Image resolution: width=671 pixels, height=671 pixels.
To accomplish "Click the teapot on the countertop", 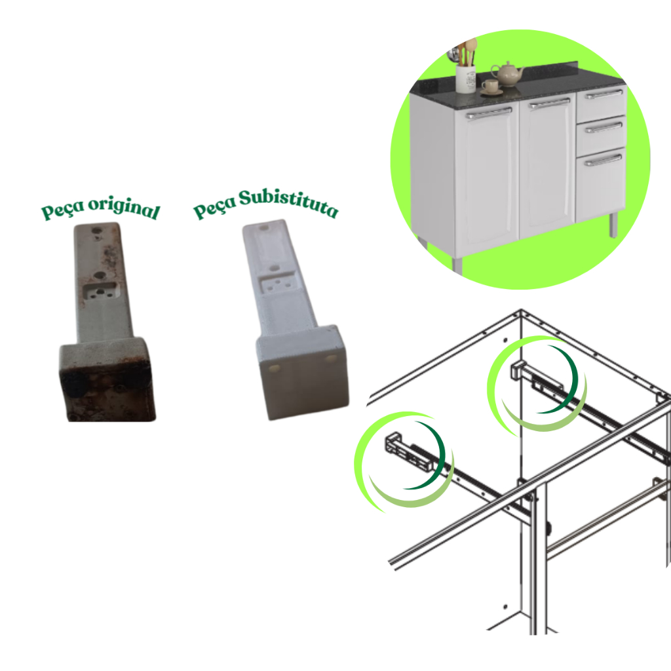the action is [x=508, y=74].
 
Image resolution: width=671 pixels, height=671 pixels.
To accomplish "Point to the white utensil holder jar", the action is [x=466, y=79].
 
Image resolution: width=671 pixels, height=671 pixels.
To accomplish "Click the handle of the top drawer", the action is [x=604, y=94].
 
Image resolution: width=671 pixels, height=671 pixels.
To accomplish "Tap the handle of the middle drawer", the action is [x=604, y=127].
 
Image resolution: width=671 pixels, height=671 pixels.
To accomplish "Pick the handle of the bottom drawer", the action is [x=603, y=160].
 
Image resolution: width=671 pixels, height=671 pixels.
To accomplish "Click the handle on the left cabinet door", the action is [x=489, y=113].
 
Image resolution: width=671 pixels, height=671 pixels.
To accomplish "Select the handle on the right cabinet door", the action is [x=550, y=104].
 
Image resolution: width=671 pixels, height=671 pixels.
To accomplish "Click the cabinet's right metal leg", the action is [x=613, y=225].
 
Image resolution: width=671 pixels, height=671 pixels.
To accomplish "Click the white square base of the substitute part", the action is [x=303, y=372].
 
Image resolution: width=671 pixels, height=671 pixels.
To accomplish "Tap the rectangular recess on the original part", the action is [x=100, y=291].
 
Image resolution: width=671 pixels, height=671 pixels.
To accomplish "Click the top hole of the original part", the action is [x=97, y=230].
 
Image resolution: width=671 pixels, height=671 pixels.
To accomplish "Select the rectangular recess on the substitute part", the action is [x=277, y=284].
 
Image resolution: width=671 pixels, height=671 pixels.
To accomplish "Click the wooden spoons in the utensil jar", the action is [x=467, y=51].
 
